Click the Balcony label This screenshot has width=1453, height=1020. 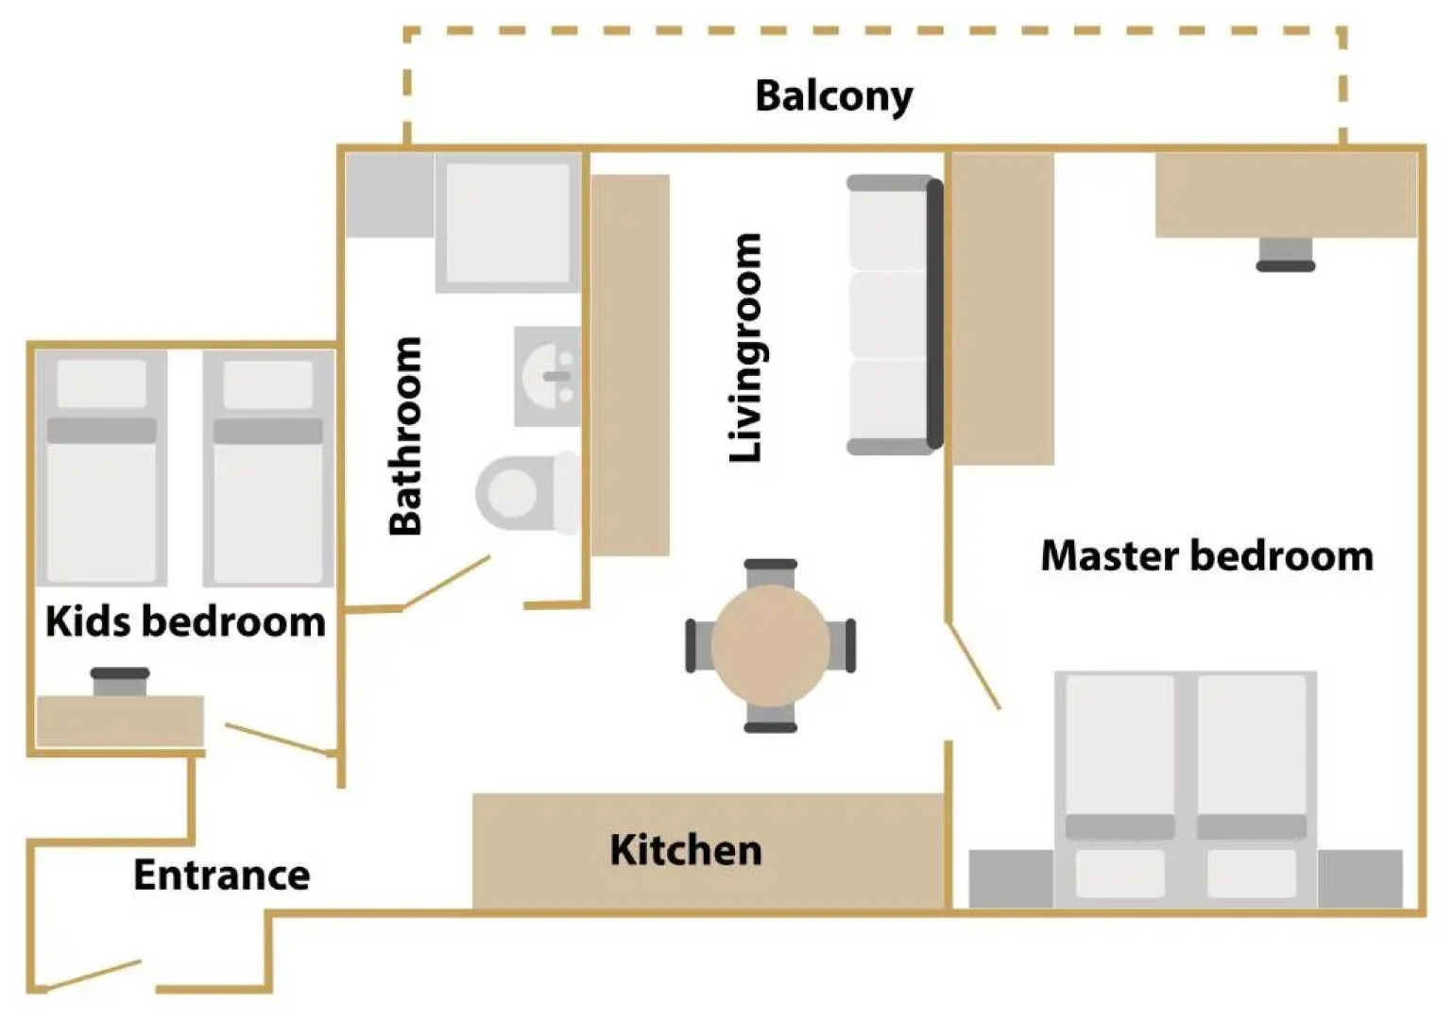point(833,96)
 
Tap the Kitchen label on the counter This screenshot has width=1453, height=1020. point(685,850)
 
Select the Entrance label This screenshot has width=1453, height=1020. point(221,875)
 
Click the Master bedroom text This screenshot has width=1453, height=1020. point(1206,555)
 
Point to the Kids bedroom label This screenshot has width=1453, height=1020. point(185,621)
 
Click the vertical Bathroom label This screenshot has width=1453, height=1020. point(405,436)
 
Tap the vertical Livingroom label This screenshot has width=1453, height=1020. point(745,348)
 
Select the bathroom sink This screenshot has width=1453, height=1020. point(547,376)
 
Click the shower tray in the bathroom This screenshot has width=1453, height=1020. point(508,223)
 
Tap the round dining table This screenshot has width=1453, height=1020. point(771,646)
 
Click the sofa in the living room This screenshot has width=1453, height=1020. point(894,314)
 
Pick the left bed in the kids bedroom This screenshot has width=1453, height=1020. point(102,468)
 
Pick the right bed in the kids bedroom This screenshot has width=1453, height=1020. point(268,468)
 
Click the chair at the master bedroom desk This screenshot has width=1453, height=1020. point(1285,253)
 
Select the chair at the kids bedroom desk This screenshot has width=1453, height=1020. point(120,681)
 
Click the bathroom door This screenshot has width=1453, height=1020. point(446,582)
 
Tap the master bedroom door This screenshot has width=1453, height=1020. point(974,666)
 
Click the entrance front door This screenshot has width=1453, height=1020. point(94,976)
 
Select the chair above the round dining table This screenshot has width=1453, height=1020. point(771,572)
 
